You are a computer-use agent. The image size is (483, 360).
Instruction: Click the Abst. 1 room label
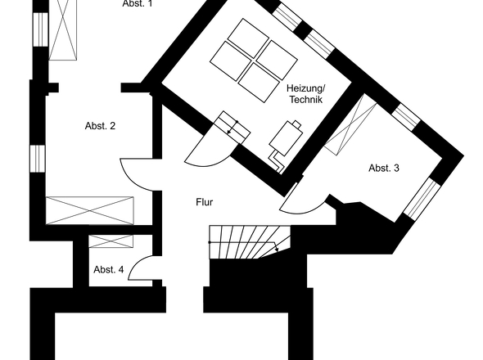pos(137,3)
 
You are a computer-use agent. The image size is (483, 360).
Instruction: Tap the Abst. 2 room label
pos(100,126)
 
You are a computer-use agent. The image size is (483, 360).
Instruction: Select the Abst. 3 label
pos(384,169)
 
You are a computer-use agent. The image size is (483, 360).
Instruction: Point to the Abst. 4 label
pos(108,269)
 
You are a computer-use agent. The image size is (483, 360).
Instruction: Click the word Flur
pos(204,202)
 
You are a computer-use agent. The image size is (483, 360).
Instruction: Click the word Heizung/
pos(305,88)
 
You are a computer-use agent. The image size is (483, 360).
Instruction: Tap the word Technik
pos(305,100)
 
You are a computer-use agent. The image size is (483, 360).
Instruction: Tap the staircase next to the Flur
pos(250,242)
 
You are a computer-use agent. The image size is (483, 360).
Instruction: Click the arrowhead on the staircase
pos(277,249)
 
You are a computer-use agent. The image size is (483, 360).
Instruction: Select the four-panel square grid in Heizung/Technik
pos(254,61)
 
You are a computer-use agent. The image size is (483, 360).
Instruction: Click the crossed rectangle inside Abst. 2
pos(89,210)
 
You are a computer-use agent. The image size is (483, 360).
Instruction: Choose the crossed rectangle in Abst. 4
pos(111,241)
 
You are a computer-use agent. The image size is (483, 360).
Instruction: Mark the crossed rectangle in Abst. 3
pos(350,124)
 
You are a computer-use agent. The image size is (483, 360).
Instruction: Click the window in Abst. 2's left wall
pos(38,159)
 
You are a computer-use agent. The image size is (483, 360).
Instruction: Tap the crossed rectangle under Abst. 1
pos(62,30)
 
